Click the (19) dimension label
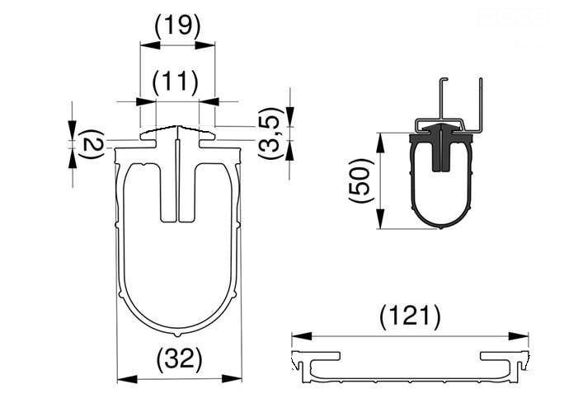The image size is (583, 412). click(177, 26)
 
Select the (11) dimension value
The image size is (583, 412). click(175, 82)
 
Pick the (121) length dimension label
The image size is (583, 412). click(410, 316)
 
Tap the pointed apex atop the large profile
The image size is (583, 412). click(177, 128)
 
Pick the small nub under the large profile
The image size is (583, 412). click(177, 335)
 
